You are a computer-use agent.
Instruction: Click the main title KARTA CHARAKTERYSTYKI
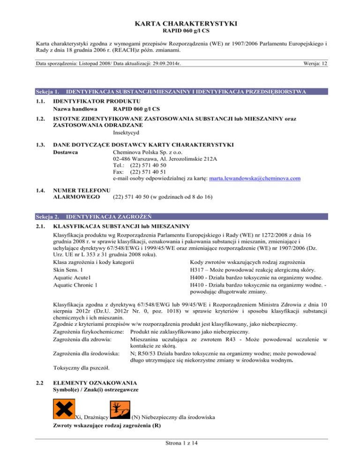point(180,23)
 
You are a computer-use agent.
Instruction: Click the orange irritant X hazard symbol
point(62,409)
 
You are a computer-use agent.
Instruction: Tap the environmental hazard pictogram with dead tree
point(119,409)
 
